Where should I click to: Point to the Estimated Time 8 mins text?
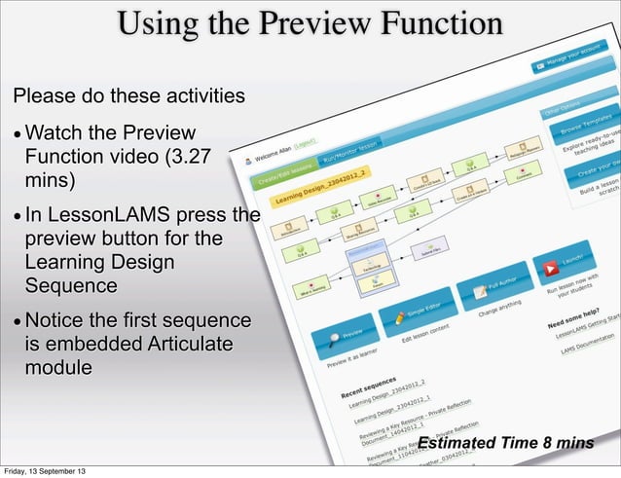pos(505,444)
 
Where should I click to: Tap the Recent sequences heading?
pos(371,388)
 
